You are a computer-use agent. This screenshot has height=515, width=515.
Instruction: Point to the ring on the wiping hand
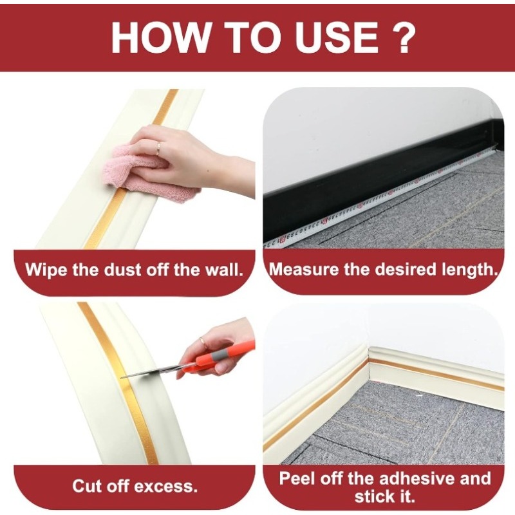[x=159, y=147]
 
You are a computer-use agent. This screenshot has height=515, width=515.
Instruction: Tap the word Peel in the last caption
[x=300, y=478]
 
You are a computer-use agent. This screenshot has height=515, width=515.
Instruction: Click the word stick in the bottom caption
[x=376, y=496]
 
